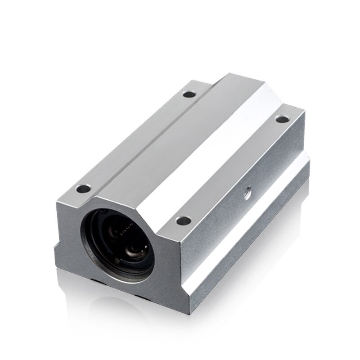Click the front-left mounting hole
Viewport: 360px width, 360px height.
82,186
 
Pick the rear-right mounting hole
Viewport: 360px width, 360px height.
283,119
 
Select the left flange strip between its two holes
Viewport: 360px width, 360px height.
135,139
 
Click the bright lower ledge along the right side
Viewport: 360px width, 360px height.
252,225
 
